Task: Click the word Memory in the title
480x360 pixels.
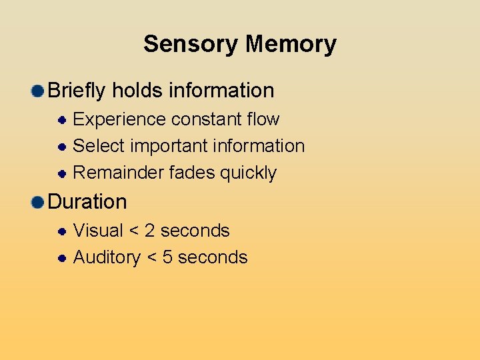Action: [x=291, y=44]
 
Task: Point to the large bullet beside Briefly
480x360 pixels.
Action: [x=38, y=91]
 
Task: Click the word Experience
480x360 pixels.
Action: [x=119, y=119]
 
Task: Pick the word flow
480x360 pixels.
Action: [x=263, y=119]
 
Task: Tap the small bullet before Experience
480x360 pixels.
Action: [x=61, y=120]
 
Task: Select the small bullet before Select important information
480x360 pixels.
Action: [x=61, y=147]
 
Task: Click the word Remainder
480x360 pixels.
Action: [x=118, y=173]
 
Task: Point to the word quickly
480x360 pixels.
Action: [x=248, y=173]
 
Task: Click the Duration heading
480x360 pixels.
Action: [x=87, y=201]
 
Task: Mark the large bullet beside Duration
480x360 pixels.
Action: [x=38, y=202]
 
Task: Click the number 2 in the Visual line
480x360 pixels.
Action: [x=149, y=231]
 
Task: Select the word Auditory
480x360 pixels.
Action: [x=107, y=257]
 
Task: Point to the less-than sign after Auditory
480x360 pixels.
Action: [x=151, y=258]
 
